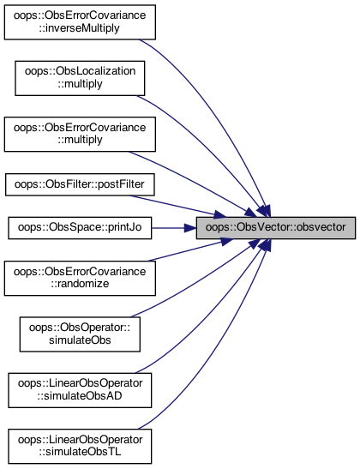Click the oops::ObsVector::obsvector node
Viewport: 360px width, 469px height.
(276, 227)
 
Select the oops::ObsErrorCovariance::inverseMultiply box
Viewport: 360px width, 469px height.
(80, 22)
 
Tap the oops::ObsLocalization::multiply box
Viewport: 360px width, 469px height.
(80, 78)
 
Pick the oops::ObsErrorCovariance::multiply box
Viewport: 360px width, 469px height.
(80, 135)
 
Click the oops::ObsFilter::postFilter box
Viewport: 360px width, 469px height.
(80, 185)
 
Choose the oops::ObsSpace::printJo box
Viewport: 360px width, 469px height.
(80, 228)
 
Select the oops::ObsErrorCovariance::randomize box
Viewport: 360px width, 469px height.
(80, 279)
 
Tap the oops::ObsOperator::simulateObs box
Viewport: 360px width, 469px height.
(80, 334)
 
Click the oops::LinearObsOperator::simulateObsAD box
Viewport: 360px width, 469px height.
(80, 390)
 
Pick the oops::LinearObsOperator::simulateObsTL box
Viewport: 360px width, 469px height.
(80, 446)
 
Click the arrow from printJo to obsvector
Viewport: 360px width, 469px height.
(174, 228)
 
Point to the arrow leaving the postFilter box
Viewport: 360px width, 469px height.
(178, 207)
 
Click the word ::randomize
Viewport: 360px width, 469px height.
(80, 284)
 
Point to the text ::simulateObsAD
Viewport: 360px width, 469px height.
(80, 396)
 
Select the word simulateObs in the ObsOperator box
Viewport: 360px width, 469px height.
(80, 340)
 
